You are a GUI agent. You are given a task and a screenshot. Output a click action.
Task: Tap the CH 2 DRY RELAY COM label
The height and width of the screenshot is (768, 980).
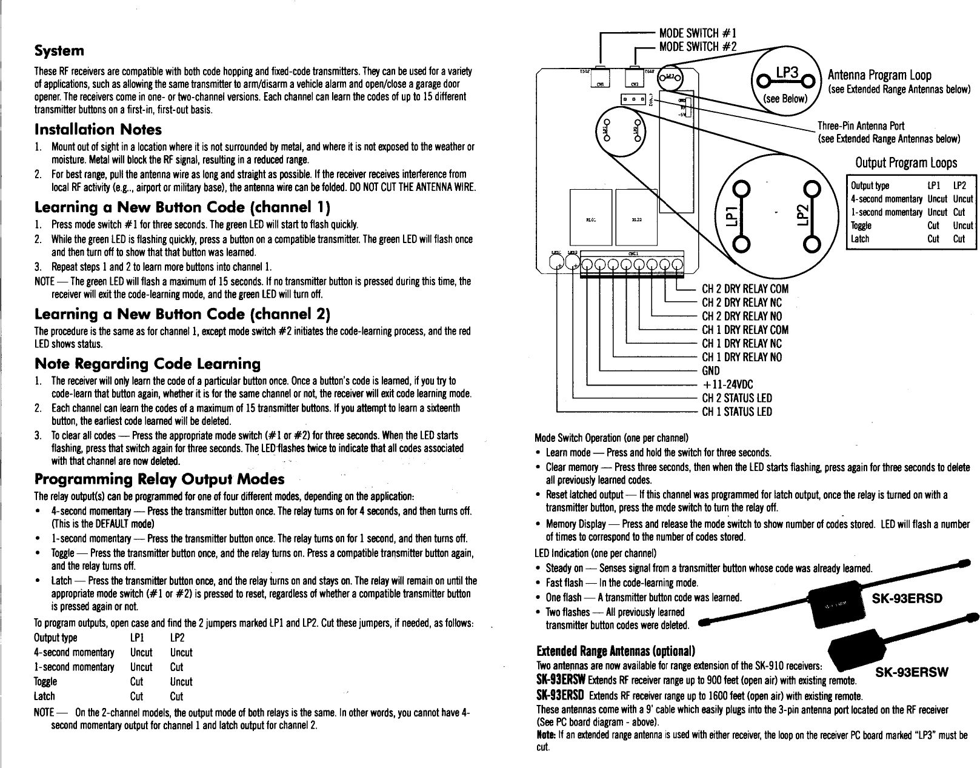click(x=745, y=289)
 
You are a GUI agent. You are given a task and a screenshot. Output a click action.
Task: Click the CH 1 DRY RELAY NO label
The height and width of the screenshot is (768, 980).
click(x=741, y=357)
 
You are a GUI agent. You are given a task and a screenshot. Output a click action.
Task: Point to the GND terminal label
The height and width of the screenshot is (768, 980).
click(x=710, y=371)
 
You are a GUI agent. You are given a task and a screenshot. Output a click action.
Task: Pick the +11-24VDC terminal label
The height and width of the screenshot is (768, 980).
click(x=728, y=384)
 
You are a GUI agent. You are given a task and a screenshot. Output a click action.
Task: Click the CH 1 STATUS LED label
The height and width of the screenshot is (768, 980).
click(x=737, y=412)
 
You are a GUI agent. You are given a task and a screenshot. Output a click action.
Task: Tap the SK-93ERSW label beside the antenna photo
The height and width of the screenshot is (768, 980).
click(x=909, y=672)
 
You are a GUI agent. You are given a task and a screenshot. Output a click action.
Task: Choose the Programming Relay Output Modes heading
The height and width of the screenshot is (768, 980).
click(x=159, y=479)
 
